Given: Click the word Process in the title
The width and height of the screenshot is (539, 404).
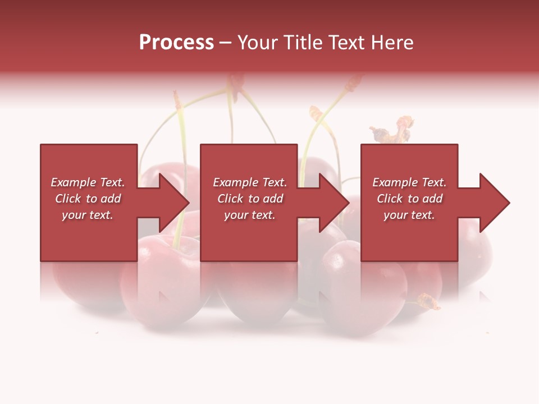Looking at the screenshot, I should (176, 43).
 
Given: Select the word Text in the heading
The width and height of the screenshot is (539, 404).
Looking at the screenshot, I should (346, 43).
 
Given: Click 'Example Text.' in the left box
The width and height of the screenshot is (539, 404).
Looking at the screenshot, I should (88, 182).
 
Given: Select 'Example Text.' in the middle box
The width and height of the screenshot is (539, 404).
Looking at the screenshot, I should (249, 182).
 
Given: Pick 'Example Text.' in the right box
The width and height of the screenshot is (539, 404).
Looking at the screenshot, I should (409, 182).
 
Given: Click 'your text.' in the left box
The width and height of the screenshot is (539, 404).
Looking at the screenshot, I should (88, 215).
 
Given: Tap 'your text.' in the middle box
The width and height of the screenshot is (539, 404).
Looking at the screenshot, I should (249, 215).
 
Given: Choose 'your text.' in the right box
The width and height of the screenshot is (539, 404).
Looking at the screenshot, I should (409, 215).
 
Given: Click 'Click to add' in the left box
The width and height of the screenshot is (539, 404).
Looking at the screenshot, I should (88, 199).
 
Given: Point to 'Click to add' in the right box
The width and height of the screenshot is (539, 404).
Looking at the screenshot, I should (409, 199).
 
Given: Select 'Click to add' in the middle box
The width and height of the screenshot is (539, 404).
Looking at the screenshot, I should (249, 199).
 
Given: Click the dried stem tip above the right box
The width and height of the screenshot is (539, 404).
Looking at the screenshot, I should (393, 131).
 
